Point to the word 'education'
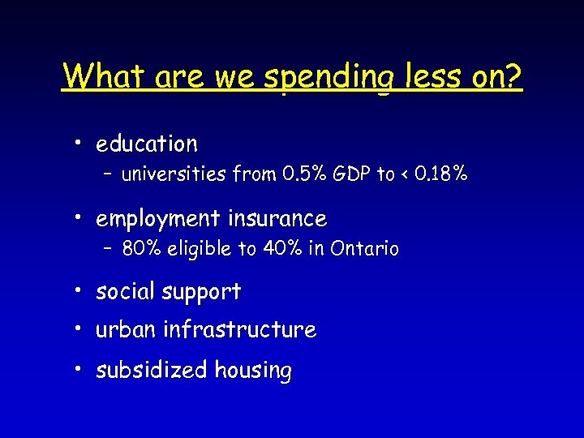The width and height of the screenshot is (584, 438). coord(147,144)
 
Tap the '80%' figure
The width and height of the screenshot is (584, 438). coord(140,249)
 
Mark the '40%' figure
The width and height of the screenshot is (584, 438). coord(281,249)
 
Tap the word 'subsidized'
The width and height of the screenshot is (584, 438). coord(152,371)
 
